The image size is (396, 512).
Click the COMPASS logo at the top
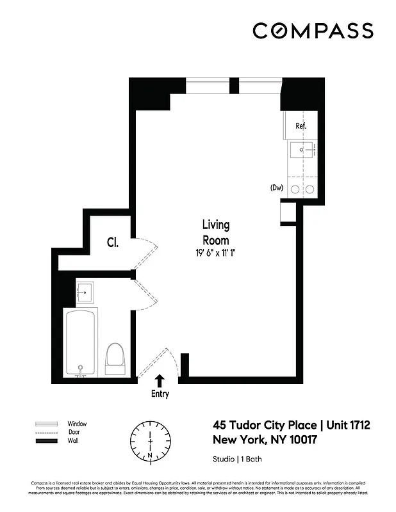point(313,31)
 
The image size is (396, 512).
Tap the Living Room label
point(216,232)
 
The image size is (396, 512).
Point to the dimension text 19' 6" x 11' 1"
point(216,253)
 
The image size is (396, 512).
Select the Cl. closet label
point(112,243)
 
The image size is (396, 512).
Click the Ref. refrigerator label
point(301,126)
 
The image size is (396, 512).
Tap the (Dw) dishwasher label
point(277,188)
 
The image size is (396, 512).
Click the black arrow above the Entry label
point(160,381)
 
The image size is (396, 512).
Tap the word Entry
point(160,394)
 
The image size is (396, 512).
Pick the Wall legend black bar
point(46,441)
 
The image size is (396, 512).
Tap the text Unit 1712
point(349,425)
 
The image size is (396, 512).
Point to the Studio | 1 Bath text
point(237,459)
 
